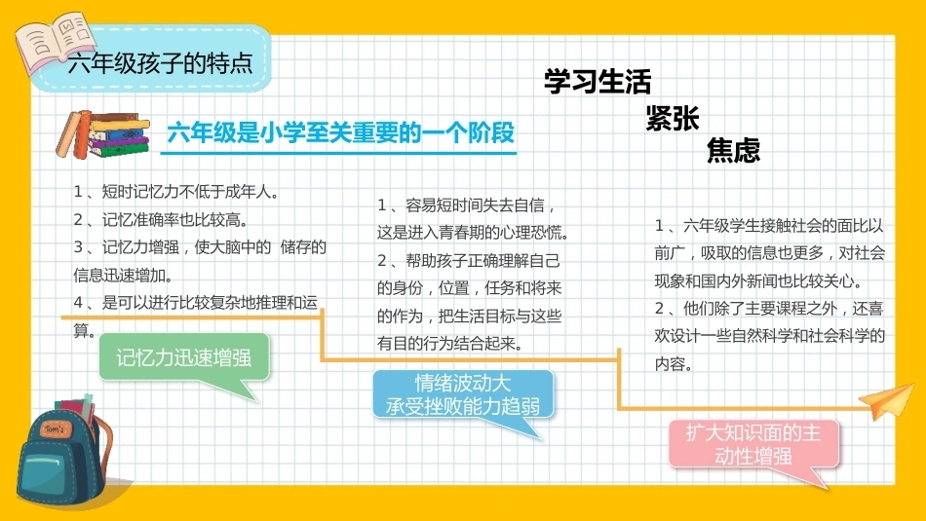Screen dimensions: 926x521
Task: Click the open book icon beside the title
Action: [x=54, y=43]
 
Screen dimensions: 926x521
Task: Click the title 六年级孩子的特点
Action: [x=160, y=62]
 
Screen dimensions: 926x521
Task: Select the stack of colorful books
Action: [x=102, y=134]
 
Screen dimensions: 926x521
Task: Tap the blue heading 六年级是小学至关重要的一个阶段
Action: [x=341, y=132]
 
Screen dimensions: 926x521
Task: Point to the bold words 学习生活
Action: [x=598, y=82]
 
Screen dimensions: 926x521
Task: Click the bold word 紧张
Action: [x=672, y=118]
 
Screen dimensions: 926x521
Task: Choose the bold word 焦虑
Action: [x=733, y=150]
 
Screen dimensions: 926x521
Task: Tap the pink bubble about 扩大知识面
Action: [x=753, y=445]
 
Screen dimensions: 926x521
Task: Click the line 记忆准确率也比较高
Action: [x=161, y=219]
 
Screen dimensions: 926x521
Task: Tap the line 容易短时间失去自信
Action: [x=467, y=205]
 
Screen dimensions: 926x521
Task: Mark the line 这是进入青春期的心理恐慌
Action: [x=473, y=233]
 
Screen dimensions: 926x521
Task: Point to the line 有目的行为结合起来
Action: [x=450, y=344]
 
